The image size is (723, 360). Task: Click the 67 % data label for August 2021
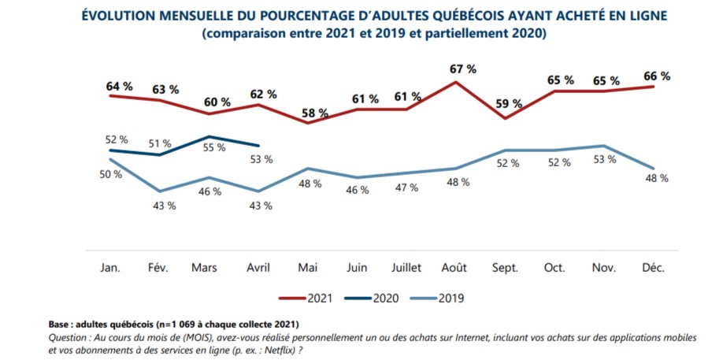(x=463, y=69)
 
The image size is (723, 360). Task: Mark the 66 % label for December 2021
(x=656, y=76)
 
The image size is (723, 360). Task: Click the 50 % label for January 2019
(x=110, y=173)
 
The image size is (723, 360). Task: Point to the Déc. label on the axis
(x=654, y=268)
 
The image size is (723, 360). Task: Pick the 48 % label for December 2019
(x=656, y=178)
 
